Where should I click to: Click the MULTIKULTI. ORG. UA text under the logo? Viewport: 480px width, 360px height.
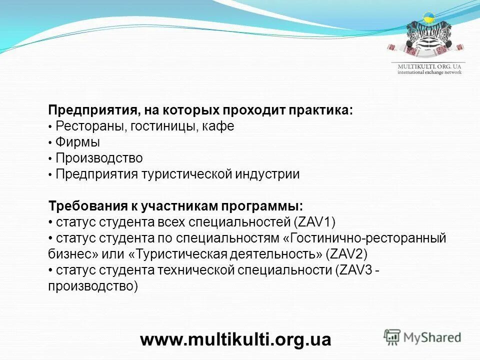coord(429,66)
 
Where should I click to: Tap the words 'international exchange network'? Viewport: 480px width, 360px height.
coord(429,72)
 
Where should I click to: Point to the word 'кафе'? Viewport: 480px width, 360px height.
coord(218,126)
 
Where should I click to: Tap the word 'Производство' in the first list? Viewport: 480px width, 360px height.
coord(99,158)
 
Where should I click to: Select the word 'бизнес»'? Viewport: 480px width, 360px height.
coord(73,254)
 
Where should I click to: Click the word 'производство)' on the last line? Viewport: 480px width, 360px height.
coord(92,286)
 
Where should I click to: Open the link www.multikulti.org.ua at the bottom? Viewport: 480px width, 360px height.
coord(235,339)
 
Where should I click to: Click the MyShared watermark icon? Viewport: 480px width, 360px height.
coord(393,336)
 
